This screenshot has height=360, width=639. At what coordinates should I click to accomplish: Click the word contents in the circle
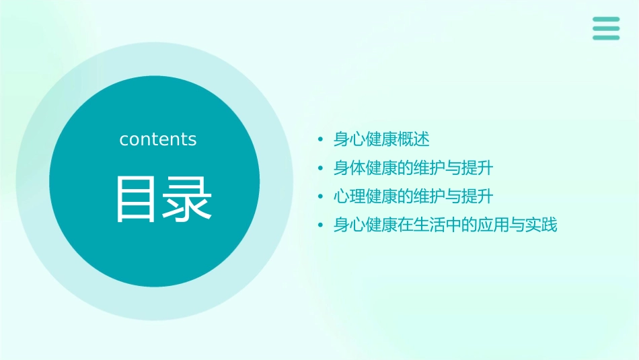[x=158, y=139]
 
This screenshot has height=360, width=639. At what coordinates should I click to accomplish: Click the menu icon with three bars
[x=606, y=28]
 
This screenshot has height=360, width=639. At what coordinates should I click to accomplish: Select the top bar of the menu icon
[x=606, y=19]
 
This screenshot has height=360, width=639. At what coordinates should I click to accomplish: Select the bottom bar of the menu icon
[x=606, y=38]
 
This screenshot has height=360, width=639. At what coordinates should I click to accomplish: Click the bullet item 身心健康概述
[x=381, y=139]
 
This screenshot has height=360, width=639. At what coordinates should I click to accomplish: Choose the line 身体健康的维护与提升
[x=414, y=168]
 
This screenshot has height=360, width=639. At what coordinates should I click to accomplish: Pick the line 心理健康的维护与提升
[x=414, y=196]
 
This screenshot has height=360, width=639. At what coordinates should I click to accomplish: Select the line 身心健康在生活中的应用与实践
[x=445, y=225]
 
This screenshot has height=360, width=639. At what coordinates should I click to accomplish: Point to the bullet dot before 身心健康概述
[x=321, y=140]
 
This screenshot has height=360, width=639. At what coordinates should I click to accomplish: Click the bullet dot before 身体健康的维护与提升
[x=321, y=168]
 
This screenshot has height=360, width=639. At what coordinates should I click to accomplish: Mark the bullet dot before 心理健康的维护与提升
[x=321, y=197]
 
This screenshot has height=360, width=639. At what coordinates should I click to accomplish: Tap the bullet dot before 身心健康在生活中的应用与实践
[x=321, y=226]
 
